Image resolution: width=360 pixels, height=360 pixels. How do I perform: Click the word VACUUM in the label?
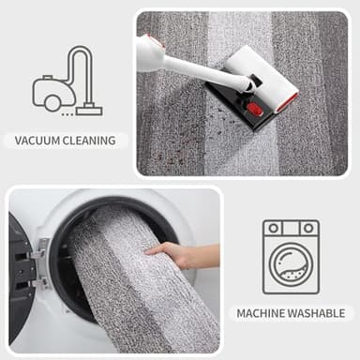(38, 141)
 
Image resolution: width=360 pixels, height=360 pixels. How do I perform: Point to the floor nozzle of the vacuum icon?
(89, 110)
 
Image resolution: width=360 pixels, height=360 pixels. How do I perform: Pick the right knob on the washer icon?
(307, 229)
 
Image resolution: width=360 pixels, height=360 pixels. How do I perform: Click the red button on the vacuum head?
(255, 109)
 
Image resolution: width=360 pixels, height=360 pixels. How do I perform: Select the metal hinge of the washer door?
(40, 262)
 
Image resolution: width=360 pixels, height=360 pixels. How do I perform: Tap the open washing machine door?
(21, 267)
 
